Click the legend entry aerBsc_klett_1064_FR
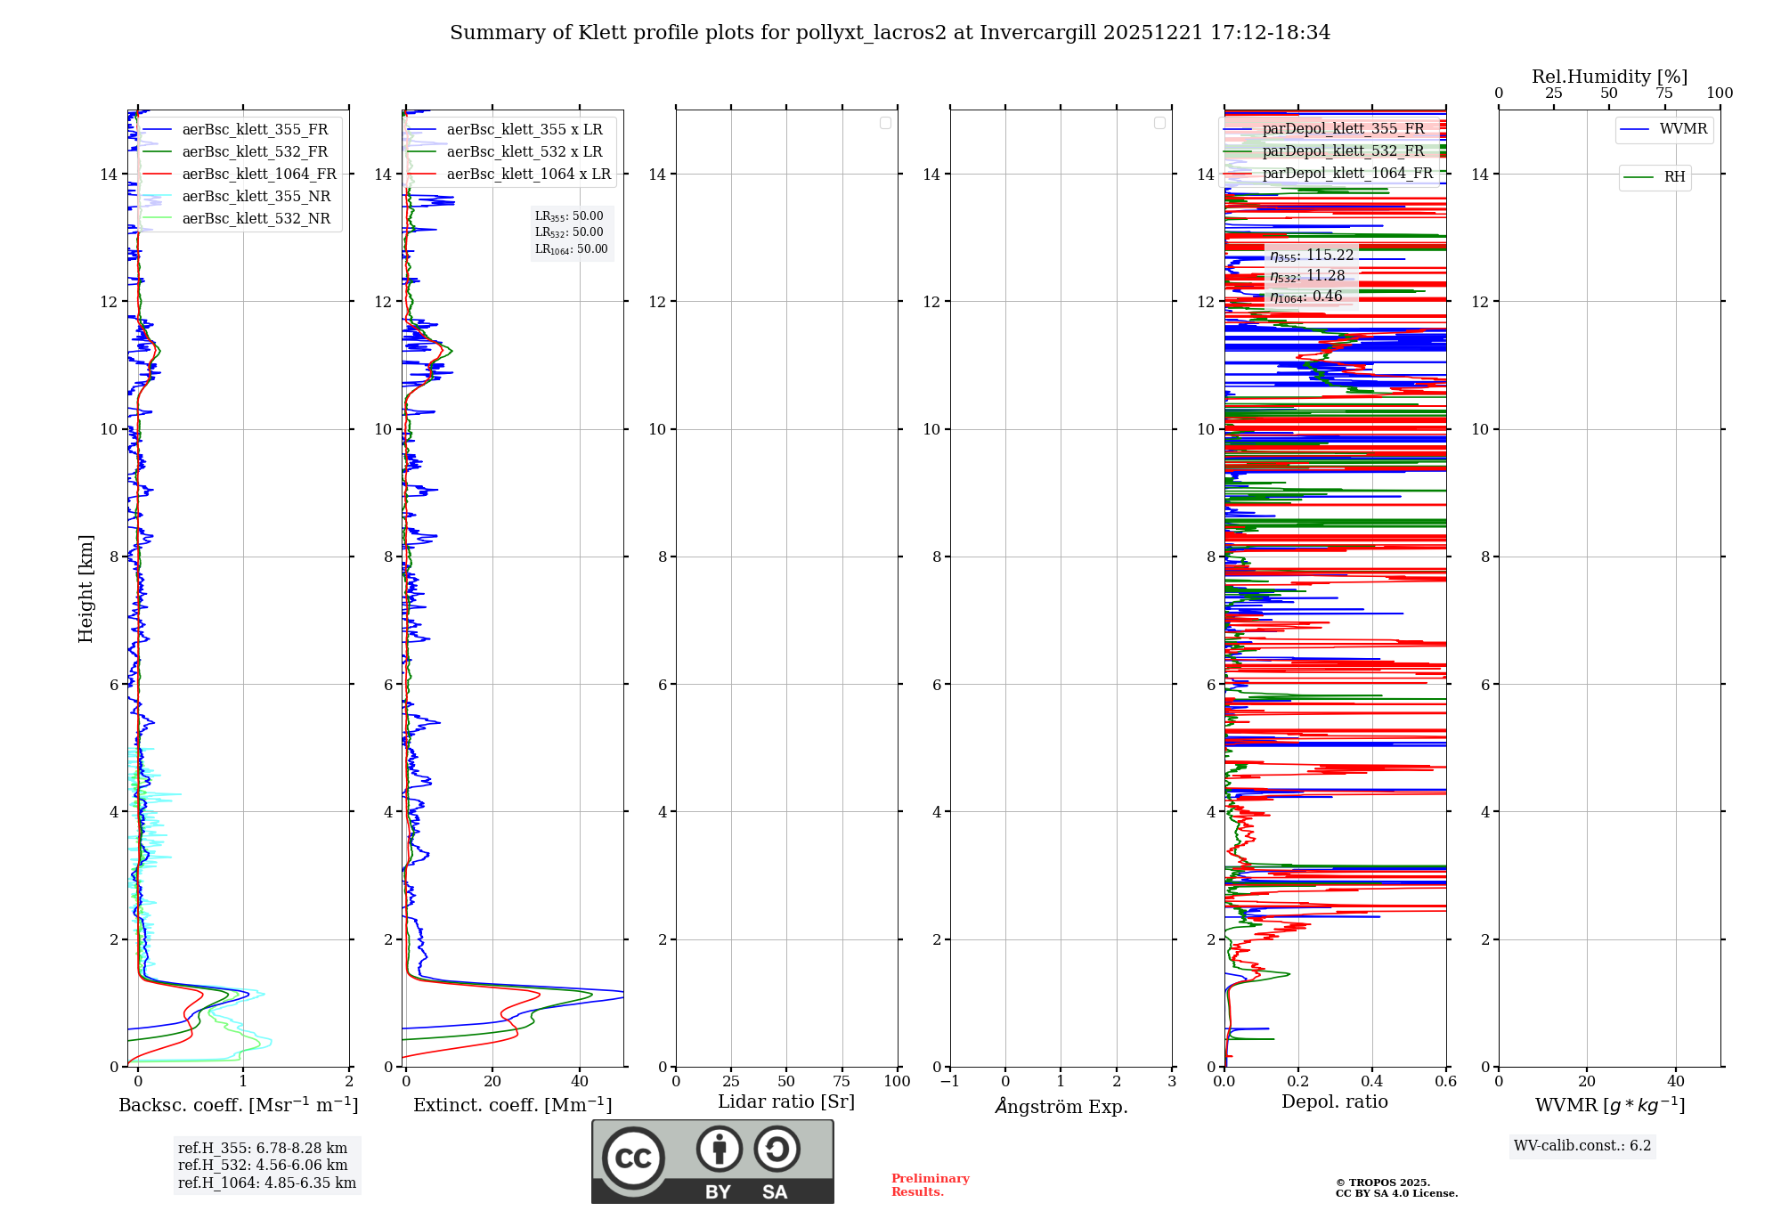coord(259,175)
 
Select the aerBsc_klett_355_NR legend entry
coord(256,197)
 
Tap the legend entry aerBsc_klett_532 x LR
coord(524,152)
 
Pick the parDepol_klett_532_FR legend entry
coord(1343,151)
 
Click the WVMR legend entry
coord(1683,129)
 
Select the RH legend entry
coord(1674,177)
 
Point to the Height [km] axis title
coord(85,589)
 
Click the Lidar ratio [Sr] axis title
coord(786,1102)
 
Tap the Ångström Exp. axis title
coord(1061,1107)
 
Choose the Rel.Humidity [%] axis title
coord(1609,77)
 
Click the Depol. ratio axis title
coord(1334,1102)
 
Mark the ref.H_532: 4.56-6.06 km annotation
coord(263,1166)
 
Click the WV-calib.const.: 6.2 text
coord(1582,1146)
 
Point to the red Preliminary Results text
coord(930,1185)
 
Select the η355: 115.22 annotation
coord(1312,256)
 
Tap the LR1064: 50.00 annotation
coord(571,249)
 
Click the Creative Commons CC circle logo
coord(633,1158)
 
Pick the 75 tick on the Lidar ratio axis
coord(842,1082)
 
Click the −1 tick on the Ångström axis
coord(950,1082)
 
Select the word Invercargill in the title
coord(1038,33)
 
